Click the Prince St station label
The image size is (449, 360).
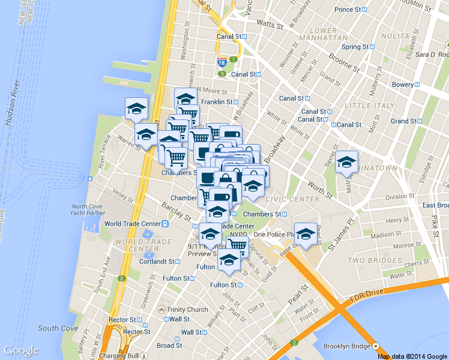tap(354, 10)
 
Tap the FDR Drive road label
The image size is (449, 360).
tap(367, 292)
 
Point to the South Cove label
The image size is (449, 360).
tap(57, 328)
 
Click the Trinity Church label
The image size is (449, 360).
tap(188, 310)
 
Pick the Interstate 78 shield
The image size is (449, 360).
tap(222, 62)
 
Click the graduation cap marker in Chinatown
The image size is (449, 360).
tap(346, 163)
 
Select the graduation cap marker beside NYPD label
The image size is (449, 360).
tap(306, 235)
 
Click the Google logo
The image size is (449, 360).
tap(21, 350)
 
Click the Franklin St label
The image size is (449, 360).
tap(216, 102)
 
